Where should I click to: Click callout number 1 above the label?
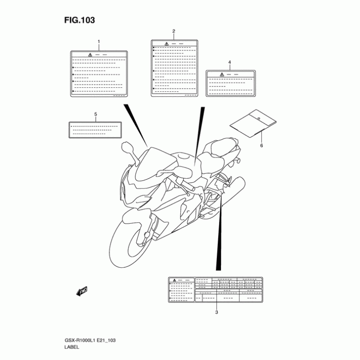click(99, 41)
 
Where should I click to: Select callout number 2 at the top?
click(174, 31)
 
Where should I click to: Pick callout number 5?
click(95, 114)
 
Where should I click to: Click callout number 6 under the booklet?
click(261, 145)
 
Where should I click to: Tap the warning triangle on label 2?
click(166, 44)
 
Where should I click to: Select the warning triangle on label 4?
click(222, 74)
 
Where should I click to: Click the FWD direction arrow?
click(82, 292)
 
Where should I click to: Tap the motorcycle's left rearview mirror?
click(126, 147)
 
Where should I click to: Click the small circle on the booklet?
click(259, 118)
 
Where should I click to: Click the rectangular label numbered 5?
click(95, 130)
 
